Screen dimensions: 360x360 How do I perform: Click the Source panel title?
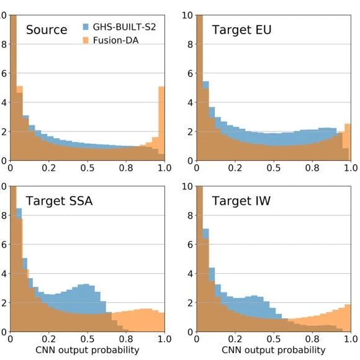tap(47, 30)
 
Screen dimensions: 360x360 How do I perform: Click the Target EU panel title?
tap(241, 30)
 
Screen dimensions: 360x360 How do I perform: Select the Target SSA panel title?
tap(59, 201)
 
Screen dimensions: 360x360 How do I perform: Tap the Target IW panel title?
tap(241, 201)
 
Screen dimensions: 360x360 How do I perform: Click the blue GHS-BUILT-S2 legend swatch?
tap(86, 27)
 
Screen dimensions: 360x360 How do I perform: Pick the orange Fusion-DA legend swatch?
tap(86, 40)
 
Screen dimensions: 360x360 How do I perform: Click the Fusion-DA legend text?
tap(115, 40)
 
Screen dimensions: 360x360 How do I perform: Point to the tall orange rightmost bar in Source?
tap(161, 124)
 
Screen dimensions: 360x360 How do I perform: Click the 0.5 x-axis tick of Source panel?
tap(88, 168)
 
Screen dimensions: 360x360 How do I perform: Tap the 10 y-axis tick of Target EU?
tap(187, 16)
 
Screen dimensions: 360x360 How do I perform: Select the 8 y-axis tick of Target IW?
tap(190, 215)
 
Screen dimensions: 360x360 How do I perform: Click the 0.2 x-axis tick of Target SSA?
tap(48, 339)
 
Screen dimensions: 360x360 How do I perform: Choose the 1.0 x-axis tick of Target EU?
tap(351, 168)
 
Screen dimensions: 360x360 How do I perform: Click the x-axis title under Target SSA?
tap(88, 350)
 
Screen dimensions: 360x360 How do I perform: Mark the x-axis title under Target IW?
tap(274, 350)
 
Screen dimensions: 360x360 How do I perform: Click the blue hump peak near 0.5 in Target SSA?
tap(86, 285)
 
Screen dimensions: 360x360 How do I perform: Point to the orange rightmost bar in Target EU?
tap(348, 142)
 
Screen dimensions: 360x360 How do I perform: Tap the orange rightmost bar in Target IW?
tap(348, 318)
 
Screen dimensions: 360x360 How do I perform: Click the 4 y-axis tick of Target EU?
tap(190, 102)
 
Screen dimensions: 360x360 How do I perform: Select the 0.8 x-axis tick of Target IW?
tap(312, 339)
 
